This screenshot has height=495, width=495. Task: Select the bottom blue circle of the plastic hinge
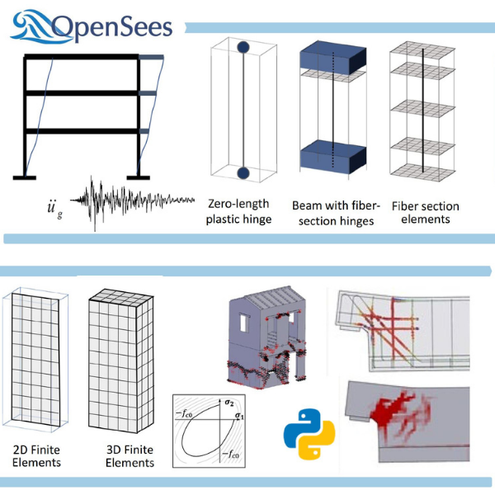coord(243,172)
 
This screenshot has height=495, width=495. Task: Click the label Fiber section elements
coord(425,212)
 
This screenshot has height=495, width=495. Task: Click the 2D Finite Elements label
coord(36,456)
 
